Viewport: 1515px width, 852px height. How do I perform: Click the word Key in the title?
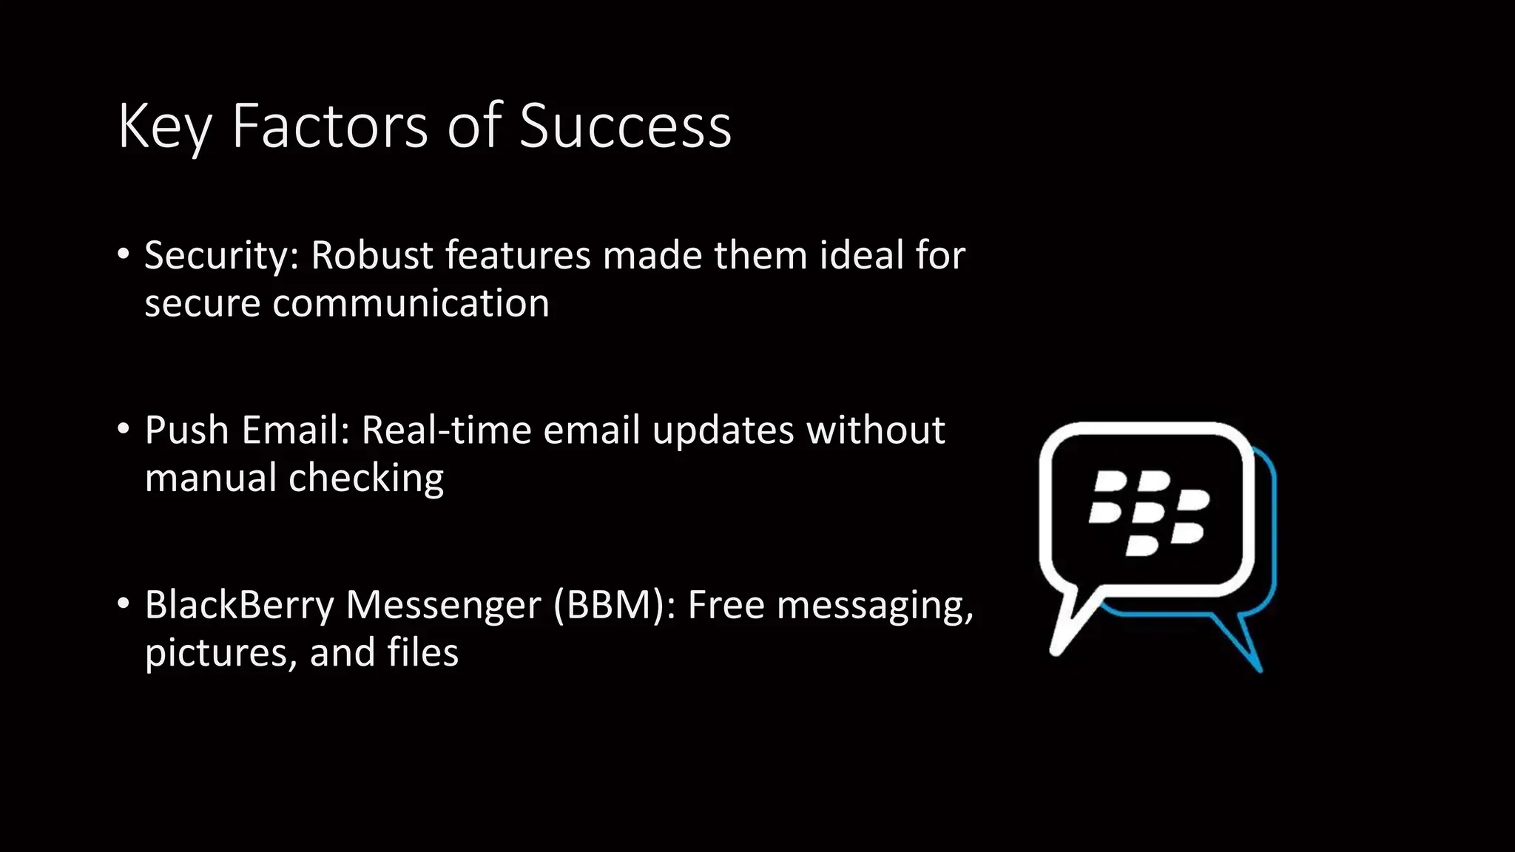click(x=165, y=127)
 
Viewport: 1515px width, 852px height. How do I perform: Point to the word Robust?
click(x=372, y=255)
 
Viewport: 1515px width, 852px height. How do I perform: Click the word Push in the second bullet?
click(x=187, y=430)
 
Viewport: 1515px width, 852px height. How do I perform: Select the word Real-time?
click(x=446, y=430)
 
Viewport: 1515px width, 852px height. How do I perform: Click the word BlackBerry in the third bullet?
click(x=240, y=605)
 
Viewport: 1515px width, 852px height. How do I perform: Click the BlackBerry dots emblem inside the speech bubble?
click(x=1149, y=511)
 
